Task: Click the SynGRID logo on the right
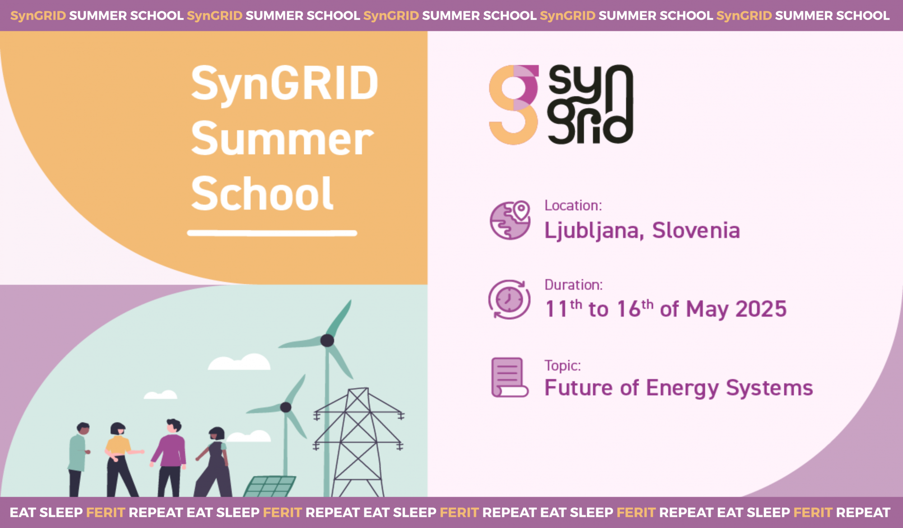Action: [561, 105]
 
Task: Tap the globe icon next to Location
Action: [510, 220]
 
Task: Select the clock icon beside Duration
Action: [509, 299]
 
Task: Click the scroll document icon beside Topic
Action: [509, 378]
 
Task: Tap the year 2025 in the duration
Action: [761, 309]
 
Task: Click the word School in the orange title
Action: [262, 193]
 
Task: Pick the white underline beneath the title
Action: [272, 233]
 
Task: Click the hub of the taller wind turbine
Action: [327, 341]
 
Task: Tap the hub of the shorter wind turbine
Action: [286, 407]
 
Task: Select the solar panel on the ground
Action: [270, 486]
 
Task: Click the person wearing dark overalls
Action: [214, 462]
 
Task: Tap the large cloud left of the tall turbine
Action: [239, 362]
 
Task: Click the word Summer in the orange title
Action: [282, 139]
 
